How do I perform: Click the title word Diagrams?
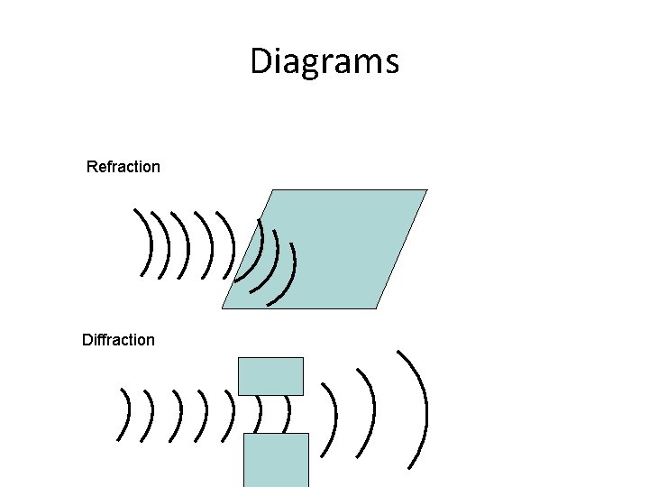pos(324,62)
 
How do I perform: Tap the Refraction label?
pos(123,167)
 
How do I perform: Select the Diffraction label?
pos(118,340)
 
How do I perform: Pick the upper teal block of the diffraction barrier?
pos(270,375)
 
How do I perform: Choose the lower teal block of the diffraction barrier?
pos(276,459)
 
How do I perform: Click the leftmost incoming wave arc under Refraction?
pos(146,242)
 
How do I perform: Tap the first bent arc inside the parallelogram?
pos(253,248)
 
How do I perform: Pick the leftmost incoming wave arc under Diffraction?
pos(124,415)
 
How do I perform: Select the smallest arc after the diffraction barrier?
pos(337,416)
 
